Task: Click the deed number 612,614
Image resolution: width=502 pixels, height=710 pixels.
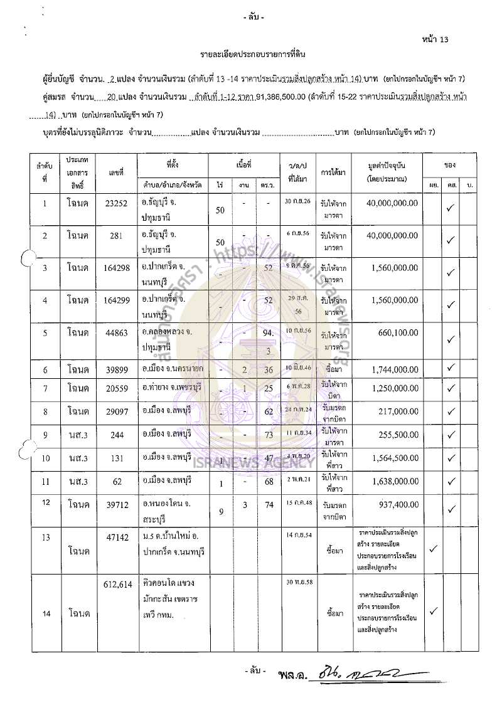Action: click(117, 584)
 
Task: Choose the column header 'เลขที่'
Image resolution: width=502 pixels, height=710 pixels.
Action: click(116, 171)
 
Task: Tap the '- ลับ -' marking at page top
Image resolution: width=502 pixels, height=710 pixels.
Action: click(253, 18)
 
